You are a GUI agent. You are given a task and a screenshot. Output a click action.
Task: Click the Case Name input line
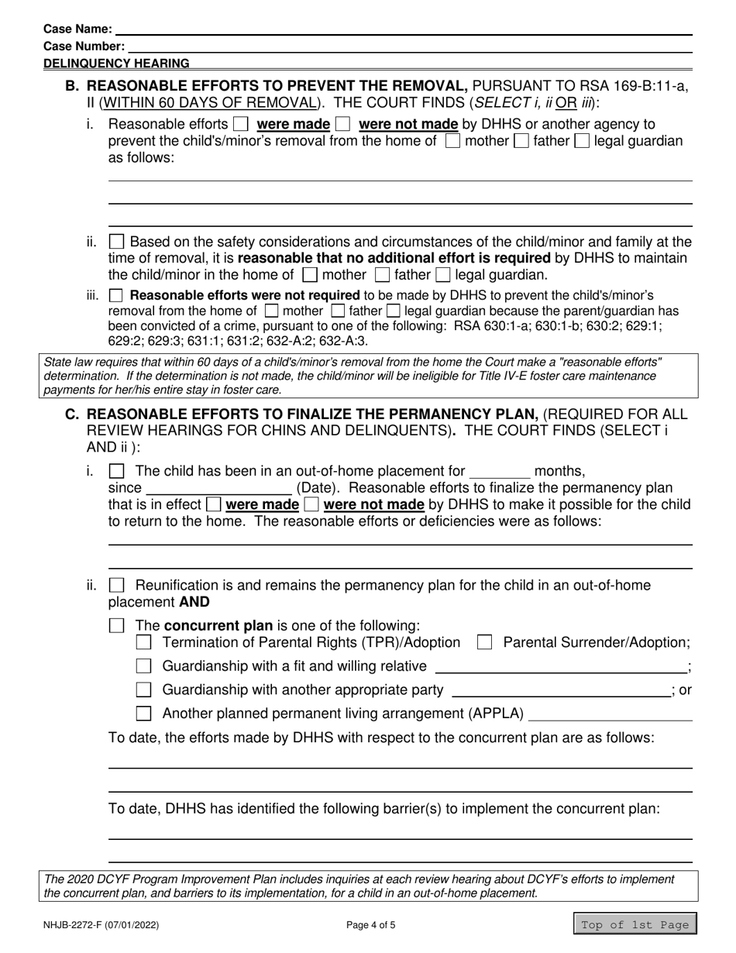point(403,29)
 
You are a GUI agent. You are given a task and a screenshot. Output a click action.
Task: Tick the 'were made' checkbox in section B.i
point(242,124)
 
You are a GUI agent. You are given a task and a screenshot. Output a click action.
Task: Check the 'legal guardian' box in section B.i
point(582,141)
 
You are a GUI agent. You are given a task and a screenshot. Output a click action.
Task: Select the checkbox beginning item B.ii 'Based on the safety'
point(116,241)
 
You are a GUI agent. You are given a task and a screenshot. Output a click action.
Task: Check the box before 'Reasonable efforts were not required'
point(116,295)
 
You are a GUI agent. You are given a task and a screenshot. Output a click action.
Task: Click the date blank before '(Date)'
point(218,488)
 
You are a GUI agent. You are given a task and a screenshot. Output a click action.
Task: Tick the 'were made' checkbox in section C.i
point(213,505)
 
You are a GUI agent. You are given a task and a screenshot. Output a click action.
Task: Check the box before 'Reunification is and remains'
point(116,586)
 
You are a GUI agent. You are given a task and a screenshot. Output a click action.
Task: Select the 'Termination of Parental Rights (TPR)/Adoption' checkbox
point(143,642)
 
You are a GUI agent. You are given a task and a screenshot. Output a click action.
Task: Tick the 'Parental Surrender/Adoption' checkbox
point(485,642)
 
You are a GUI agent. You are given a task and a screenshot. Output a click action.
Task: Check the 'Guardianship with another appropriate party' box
point(143,690)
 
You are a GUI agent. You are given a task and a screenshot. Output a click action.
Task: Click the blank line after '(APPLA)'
point(610,714)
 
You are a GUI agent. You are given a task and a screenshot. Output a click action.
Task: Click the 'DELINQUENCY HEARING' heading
point(116,64)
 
